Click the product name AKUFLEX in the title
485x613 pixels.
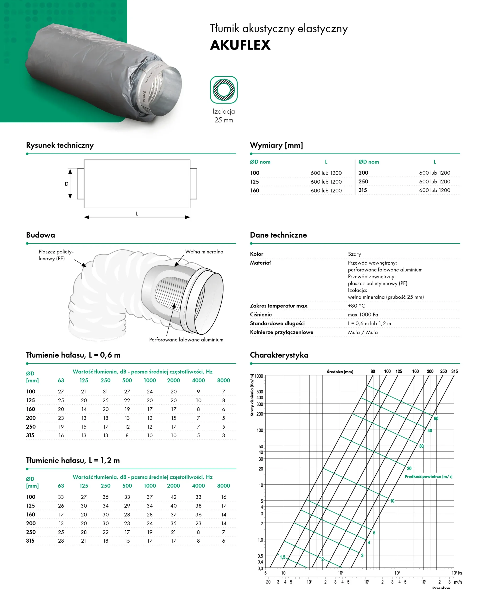click(x=240, y=45)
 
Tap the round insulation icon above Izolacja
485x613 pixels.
click(x=224, y=90)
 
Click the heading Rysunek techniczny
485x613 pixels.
click(x=60, y=145)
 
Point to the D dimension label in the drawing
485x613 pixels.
click(x=66, y=184)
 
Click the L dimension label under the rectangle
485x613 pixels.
click(x=137, y=214)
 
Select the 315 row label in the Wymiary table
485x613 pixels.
click(x=363, y=190)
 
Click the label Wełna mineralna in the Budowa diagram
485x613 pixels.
click(x=204, y=252)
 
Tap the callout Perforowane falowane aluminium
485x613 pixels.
click(x=186, y=340)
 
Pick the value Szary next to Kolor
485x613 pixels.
click(x=354, y=254)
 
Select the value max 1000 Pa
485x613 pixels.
click(x=363, y=314)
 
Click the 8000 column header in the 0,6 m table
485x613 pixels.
click(x=223, y=380)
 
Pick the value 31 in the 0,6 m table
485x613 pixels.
click(x=105, y=392)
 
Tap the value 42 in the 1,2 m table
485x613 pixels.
click(x=173, y=497)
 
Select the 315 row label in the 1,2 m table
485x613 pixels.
click(x=30, y=541)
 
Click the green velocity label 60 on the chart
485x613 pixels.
click(x=436, y=419)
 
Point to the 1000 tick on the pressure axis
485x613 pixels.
click(x=259, y=376)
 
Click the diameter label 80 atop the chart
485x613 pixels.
click(x=373, y=371)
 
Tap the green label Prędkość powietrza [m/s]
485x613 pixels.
click(x=428, y=477)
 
